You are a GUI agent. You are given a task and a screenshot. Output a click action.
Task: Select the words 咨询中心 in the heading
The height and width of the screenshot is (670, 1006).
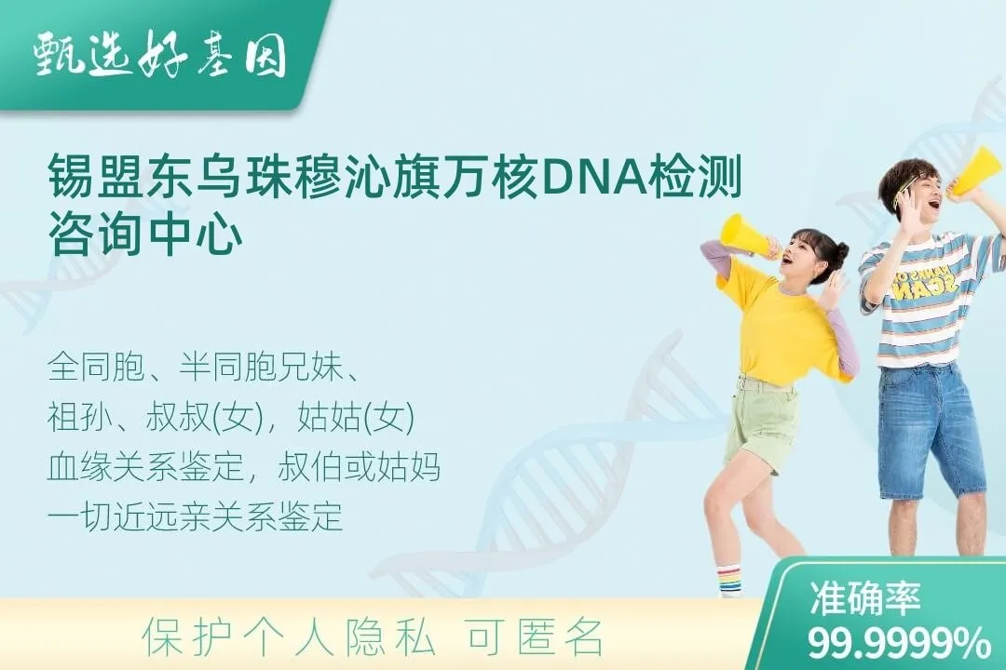coord(144,234)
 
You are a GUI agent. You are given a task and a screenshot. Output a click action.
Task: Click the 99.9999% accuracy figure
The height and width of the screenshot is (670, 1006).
coord(899,642)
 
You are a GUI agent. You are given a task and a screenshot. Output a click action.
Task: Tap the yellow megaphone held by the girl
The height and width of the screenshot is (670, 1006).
coord(744,234)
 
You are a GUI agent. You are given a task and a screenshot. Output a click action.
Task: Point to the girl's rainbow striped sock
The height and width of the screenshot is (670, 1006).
coord(729,580)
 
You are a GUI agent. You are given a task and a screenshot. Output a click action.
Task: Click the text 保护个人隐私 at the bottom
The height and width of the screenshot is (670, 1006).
coord(289,637)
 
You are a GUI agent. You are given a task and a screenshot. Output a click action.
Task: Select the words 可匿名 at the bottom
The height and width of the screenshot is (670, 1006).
coord(535,637)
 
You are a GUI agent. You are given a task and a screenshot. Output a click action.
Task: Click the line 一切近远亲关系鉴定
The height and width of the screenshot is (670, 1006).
coord(196,516)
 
